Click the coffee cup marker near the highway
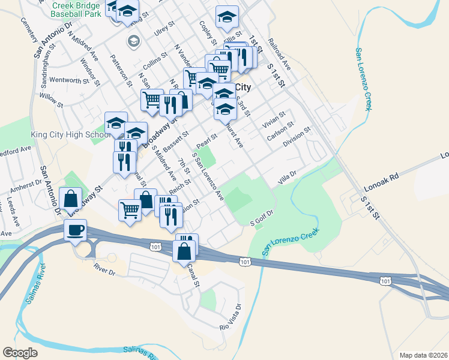tap(76, 230)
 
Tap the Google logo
tap(20, 353)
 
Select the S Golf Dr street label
tap(262, 218)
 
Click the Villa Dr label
tap(288, 177)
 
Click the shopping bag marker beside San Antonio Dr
tap(71, 199)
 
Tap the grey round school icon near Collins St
tap(133, 41)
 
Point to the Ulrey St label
tap(164, 29)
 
